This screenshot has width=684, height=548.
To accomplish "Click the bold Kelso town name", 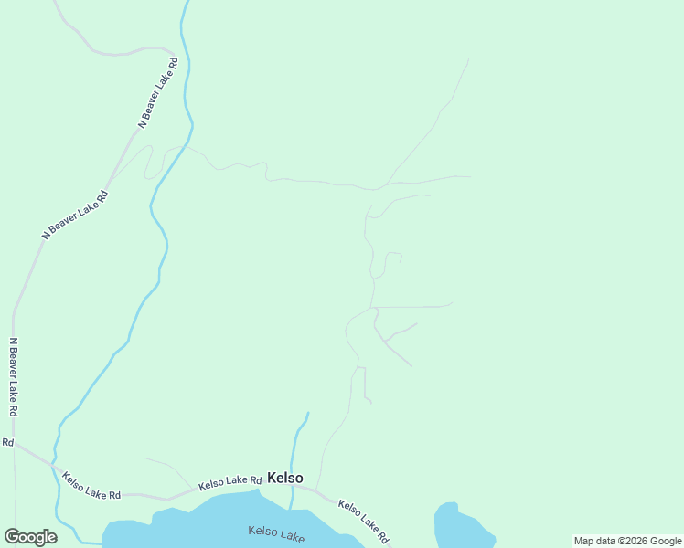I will pyautogui.click(x=284, y=478).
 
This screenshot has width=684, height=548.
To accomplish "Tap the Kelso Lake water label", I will pyautogui.click(x=276, y=533).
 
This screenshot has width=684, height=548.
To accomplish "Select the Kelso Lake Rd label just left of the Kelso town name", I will pyautogui.click(x=230, y=481).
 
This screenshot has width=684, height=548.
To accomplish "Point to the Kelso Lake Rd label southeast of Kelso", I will pyautogui.click(x=364, y=522).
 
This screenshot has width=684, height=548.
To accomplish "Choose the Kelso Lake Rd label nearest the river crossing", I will pyautogui.click(x=91, y=486).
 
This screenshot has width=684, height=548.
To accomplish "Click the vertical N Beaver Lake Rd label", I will pyautogui.click(x=13, y=378).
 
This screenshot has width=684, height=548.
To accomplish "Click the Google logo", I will pyautogui.click(x=30, y=537).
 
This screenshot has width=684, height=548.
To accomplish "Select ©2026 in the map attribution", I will pyautogui.click(x=633, y=541).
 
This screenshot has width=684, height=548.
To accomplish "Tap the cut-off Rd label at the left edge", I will pyautogui.click(x=7, y=442).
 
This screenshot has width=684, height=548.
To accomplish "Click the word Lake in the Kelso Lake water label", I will pyautogui.click(x=292, y=536).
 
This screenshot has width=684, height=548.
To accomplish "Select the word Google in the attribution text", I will pyautogui.click(x=666, y=541).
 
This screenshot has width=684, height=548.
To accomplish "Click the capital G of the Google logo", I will pyautogui.click(x=12, y=536).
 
